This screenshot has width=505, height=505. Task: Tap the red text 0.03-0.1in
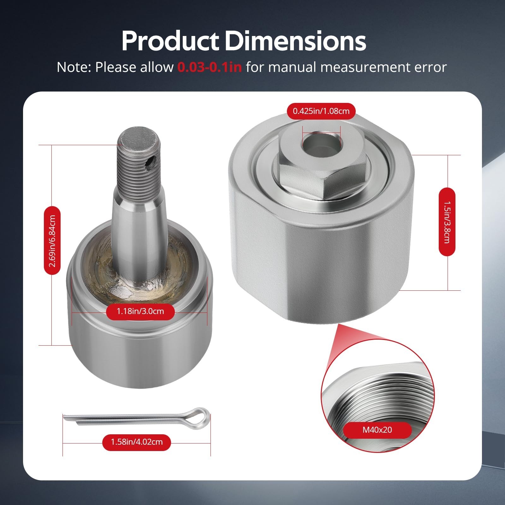[210, 67]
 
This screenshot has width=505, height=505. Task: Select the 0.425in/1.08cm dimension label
[321, 111]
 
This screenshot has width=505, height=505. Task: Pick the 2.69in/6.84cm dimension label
[52, 241]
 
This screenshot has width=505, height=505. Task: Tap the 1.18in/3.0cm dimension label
[140, 312]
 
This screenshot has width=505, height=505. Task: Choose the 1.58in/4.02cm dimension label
[137, 442]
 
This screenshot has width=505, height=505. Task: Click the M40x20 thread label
[377, 430]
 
